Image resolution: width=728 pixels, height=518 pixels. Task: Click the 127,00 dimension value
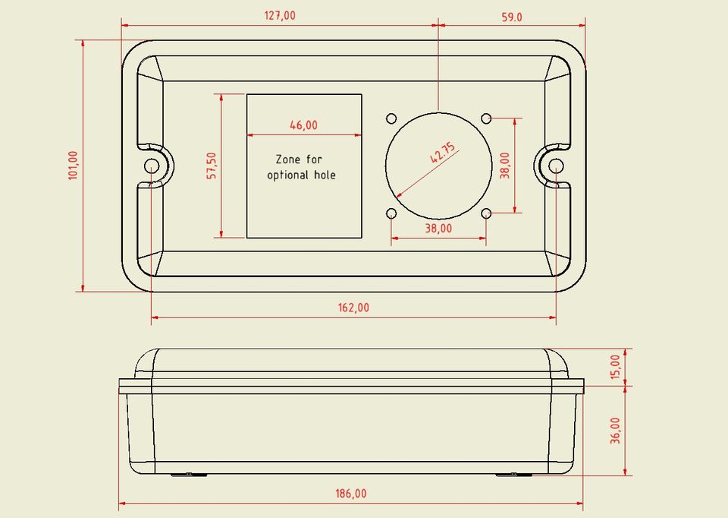[x=281, y=16]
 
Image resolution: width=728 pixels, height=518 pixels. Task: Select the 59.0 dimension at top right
[x=513, y=17]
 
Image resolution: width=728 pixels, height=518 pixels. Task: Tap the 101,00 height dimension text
[x=73, y=165]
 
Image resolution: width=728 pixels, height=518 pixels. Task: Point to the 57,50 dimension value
[x=212, y=166]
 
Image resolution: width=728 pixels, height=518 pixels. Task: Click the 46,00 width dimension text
[x=303, y=125]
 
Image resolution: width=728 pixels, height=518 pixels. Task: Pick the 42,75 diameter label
[x=443, y=154]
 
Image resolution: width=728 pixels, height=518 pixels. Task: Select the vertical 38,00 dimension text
[x=505, y=165]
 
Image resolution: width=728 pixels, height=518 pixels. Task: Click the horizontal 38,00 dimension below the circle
[x=438, y=228]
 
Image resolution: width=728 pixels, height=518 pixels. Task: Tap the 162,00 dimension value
[x=354, y=308]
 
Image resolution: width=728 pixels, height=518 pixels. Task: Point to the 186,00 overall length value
[x=351, y=494]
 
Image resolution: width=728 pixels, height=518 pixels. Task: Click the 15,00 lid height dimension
[x=615, y=368]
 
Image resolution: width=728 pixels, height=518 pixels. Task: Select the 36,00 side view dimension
[x=615, y=431]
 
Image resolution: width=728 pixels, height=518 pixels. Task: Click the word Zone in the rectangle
[x=287, y=160]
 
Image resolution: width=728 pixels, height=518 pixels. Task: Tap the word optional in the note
[x=289, y=175]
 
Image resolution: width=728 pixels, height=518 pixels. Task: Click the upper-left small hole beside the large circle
[x=391, y=118]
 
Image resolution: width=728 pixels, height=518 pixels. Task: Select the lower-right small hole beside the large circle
[x=486, y=213]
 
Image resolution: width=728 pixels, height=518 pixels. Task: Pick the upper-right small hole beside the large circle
[x=486, y=118]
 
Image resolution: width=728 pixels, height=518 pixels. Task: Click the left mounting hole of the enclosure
[x=152, y=166]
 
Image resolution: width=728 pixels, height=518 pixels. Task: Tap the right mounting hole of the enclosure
[x=556, y=166]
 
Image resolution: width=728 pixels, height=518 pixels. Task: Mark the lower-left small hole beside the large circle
[x=391, y=213]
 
